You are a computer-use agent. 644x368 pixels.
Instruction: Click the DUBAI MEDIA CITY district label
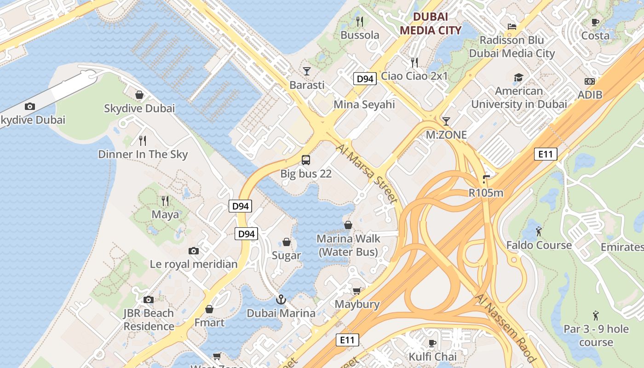pos(430,23)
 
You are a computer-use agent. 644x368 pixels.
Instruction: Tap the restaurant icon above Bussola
pos(360,21)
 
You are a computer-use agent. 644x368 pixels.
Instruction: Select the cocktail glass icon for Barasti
pos(307,71)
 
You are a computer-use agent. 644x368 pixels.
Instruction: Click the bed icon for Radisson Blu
pos(512,26)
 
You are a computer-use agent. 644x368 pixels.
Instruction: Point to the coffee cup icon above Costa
pos(595,22)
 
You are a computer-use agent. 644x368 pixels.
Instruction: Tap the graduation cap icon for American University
pos(518,77)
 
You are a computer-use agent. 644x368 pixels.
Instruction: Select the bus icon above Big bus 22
pos(306,160)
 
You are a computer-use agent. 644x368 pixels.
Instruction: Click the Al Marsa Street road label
pos(367,174)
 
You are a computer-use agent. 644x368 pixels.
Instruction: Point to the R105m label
pos(486,193)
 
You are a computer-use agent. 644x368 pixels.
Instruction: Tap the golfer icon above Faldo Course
pos(539,231)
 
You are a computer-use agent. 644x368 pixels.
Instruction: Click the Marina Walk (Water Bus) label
pos(348,245)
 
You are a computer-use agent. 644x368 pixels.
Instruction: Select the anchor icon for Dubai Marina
pos(281,299)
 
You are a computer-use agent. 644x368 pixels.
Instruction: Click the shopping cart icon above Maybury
pos(356,291)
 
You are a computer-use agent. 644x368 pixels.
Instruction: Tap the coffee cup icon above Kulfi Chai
pos(432,343)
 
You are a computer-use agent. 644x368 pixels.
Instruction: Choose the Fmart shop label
pos(209,322)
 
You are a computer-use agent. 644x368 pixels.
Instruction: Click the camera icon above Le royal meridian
pos(194,251)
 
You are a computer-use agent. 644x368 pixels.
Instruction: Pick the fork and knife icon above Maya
pos(165,201)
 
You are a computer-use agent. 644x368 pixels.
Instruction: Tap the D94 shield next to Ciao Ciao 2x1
pos(365,79)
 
